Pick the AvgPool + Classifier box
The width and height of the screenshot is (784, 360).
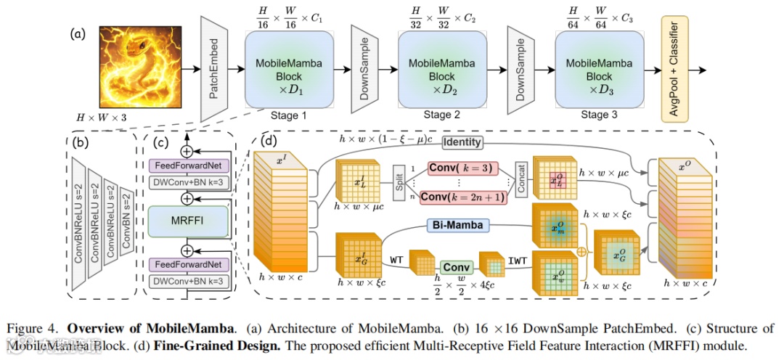click(x=675, y=69)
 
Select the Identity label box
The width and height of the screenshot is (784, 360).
click(x=462, y=143)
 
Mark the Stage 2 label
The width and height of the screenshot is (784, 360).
click(x=442, y=115)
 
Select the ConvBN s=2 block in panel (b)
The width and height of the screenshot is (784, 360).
click(x=126, y=222)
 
